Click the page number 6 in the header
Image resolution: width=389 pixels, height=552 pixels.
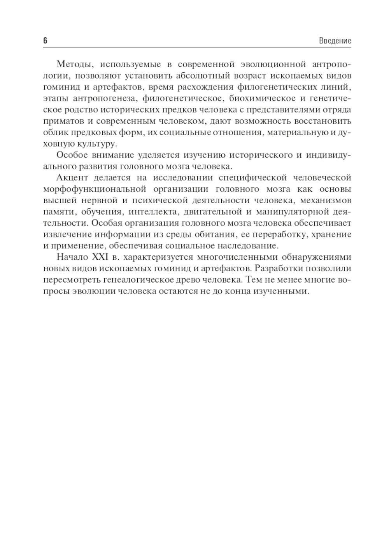point(45,40)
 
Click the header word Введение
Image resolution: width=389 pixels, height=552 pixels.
point(335,41)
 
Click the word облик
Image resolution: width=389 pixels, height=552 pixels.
point(54,132)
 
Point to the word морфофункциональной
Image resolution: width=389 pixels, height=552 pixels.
point(95,189)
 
